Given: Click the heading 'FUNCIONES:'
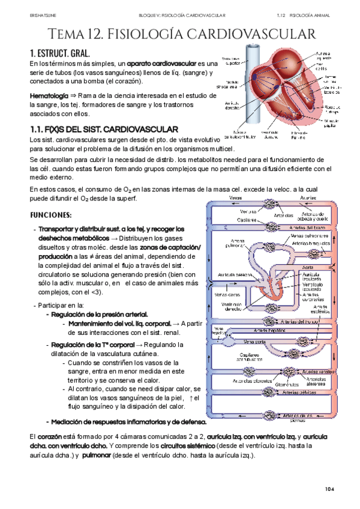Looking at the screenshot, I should point(50,214).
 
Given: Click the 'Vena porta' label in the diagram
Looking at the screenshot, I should point(254,342).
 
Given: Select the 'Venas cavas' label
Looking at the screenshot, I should point(224,295).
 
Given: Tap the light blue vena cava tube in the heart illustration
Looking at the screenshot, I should point(252,90).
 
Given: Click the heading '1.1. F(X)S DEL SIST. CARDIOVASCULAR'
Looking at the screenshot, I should point(103,129).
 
